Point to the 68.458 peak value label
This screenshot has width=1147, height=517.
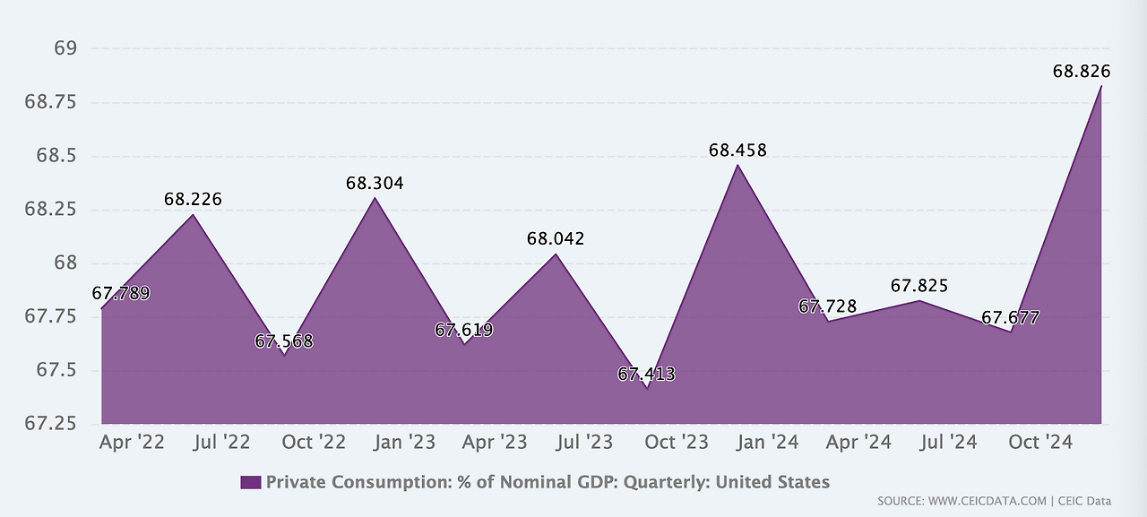click(x=737, y=151)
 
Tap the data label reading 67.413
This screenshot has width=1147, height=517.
click(x=646, y=375)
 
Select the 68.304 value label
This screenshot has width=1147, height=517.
click(x=375, y=184)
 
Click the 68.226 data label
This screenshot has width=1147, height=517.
click(x=193, y=200)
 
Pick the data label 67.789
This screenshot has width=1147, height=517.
click(x=121, y=294)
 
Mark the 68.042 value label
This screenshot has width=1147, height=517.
click(x=556, y=239)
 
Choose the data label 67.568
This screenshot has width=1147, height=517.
click(x=284, y=341)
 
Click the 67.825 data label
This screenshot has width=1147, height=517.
click(x=919, y=287)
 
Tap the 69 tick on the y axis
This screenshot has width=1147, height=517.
click(x=65, y=48)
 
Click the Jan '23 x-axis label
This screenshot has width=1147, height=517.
click(x=403, y=442)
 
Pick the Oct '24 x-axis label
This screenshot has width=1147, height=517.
click(x=1039, y=442)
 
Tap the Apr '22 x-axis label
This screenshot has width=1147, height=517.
click(x=131, y=442)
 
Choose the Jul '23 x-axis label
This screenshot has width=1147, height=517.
click(x=585, y=442)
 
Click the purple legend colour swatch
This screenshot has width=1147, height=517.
click(x=251, y=483)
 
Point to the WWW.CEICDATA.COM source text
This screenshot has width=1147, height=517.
click(x=987, y=502)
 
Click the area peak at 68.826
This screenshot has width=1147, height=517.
click(x=1100, y=87)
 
